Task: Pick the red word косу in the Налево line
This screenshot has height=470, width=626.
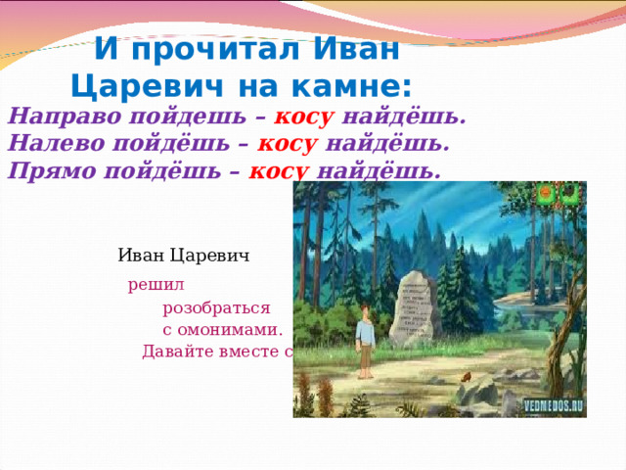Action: click(x=287, y=144)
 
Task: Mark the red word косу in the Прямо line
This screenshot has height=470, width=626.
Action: click(x=281, y=170)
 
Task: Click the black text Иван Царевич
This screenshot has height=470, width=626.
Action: click(x=183, y=256)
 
